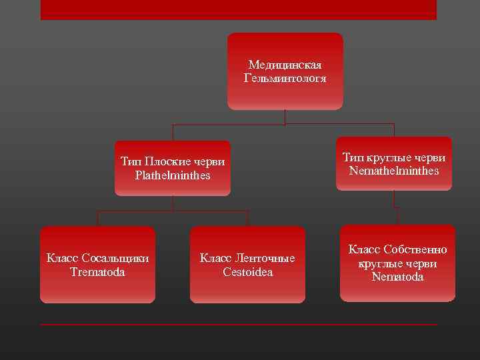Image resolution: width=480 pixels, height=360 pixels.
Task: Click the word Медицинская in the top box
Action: (285, 65)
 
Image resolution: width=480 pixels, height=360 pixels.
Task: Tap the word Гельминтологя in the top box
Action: (285, 78)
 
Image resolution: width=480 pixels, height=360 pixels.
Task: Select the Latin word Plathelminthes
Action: (173, 175)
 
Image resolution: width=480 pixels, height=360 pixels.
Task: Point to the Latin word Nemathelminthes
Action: (394, 171)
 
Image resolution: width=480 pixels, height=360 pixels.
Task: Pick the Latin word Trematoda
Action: (97, 272)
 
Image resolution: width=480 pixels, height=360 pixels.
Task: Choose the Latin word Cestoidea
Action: (248, 272)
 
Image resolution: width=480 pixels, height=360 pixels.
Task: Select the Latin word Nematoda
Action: (397, 277)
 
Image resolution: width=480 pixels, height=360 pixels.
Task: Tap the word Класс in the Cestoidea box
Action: (217, 258)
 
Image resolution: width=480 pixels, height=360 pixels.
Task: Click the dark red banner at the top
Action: (238, 9)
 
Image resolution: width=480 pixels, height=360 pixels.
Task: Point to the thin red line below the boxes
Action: (238, 325)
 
